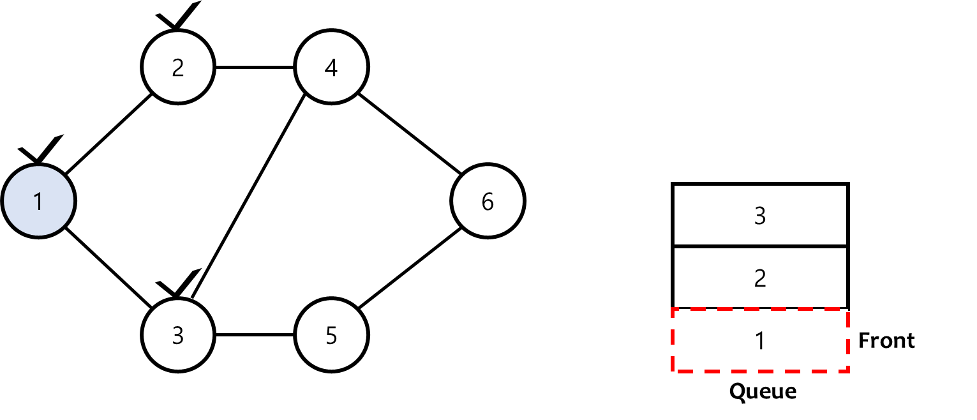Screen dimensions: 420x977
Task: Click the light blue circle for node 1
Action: click(38, 200)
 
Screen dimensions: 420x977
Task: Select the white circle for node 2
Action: click(178, 67)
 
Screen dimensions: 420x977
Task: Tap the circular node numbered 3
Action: click(178, 335)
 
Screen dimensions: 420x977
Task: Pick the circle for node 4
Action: click(331, 67)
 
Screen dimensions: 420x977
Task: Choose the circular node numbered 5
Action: click(331, 335)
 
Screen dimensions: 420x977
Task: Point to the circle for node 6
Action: click(488, 200)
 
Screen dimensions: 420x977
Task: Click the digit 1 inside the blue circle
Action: click(38, 202)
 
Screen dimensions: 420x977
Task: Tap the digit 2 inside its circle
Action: click(178, 68)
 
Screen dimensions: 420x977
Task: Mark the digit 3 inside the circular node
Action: click(178, 336)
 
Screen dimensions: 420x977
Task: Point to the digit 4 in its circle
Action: click(331, 68)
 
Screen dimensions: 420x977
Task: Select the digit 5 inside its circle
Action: click(331, 336)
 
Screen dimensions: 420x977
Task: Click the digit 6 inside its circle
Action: click(488, 202)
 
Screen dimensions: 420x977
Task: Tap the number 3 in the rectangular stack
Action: click(760, 216)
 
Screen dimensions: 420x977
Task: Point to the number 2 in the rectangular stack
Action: click(760, 279)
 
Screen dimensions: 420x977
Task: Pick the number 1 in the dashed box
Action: click(760, 341)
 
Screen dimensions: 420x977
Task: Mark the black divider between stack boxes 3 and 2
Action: click(760, 246)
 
